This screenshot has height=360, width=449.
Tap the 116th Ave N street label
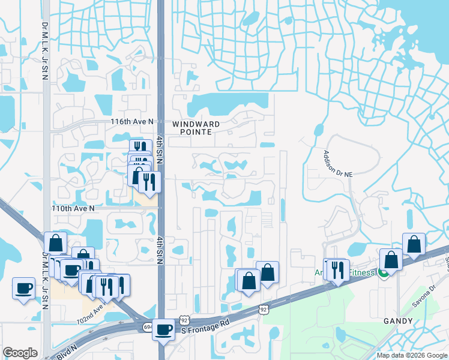(x=132, y=121)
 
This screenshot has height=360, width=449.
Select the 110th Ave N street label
(x=73, y=208)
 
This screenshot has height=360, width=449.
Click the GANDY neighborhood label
(x=399, y=322)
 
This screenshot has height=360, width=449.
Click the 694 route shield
(x=148, y=327)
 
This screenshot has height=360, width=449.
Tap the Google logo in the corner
(x=20, y=353)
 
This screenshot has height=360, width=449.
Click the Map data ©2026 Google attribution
(x=412, y=355)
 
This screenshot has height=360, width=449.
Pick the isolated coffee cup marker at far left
(x=24, y=289)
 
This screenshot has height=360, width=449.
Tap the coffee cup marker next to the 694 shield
(x=164, y=329)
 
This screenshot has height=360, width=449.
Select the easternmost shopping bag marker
(x=414, y=244)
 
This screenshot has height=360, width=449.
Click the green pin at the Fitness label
(x=381, y=274)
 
